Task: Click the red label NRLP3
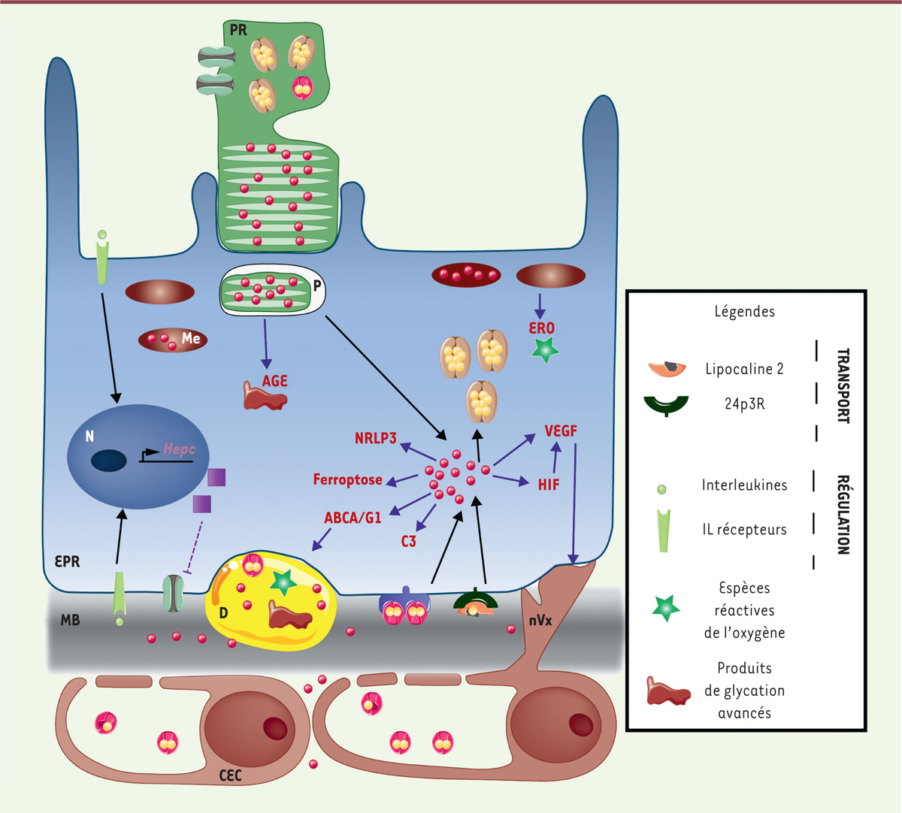375,437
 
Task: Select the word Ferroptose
347,479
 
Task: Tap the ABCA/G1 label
353,518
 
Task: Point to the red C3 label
408,541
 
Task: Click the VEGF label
561,431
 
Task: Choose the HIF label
549,485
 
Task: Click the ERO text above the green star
541,328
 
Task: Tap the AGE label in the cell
274,381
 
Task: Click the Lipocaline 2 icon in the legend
667,368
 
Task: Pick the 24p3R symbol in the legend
666,405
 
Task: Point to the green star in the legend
666,608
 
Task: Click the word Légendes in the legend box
744,311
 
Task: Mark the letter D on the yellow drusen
223,613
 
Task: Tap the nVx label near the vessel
540,621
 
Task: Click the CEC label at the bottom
230,775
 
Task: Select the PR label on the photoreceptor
238,31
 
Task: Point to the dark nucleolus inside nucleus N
109,460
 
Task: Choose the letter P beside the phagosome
317,286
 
